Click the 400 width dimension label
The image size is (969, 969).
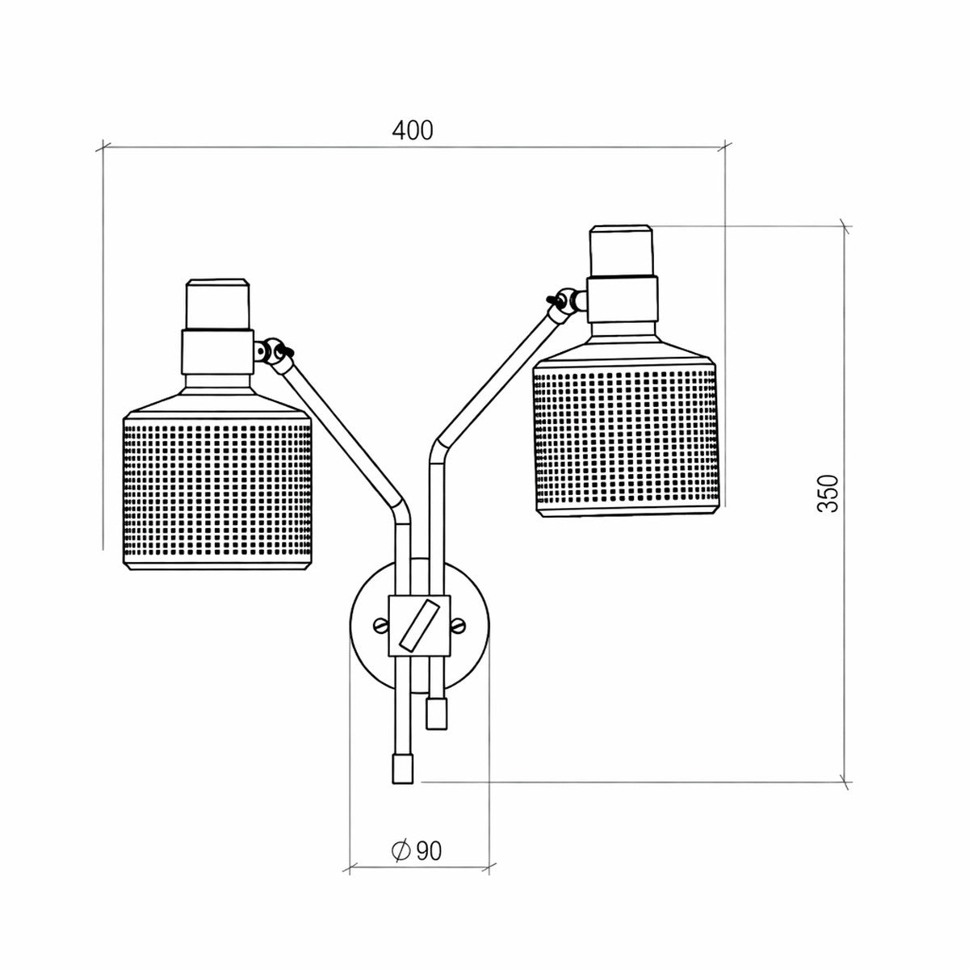(413, 130)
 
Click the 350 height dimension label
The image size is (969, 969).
(828, 493)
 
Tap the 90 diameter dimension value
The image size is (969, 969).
(429, 851)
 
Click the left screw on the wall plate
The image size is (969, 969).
(381, 626)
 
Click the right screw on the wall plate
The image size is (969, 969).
(459, 626)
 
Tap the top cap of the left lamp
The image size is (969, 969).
(218, 304)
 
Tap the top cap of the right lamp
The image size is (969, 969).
(621, 250)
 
